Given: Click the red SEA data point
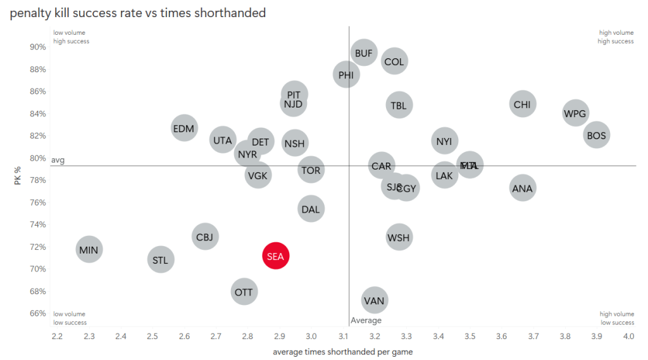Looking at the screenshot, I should pos(276,256).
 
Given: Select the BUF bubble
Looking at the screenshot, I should pos(364,53).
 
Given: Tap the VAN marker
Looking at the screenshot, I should pos(375,301).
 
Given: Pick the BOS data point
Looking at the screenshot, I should pos(596,135).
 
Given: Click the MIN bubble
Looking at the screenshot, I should pos(89,250).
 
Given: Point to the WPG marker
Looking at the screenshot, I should pos(575,113).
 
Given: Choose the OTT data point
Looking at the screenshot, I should pos(244,292).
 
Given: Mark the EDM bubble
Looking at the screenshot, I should pos(184,128).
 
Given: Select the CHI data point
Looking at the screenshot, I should pos(522,104).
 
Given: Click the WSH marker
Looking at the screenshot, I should pos(398,238).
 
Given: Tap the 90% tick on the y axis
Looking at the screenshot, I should pos(38,47).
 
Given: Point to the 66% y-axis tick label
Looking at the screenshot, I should pos(38,313).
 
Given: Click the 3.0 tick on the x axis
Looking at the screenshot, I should pos(311,335).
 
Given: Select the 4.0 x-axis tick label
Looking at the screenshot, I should pos(628,335).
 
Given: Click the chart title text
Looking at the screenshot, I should pos(137,13).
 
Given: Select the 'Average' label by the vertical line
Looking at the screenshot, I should pos(366,321).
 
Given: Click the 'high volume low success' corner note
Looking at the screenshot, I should pos(616,318).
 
